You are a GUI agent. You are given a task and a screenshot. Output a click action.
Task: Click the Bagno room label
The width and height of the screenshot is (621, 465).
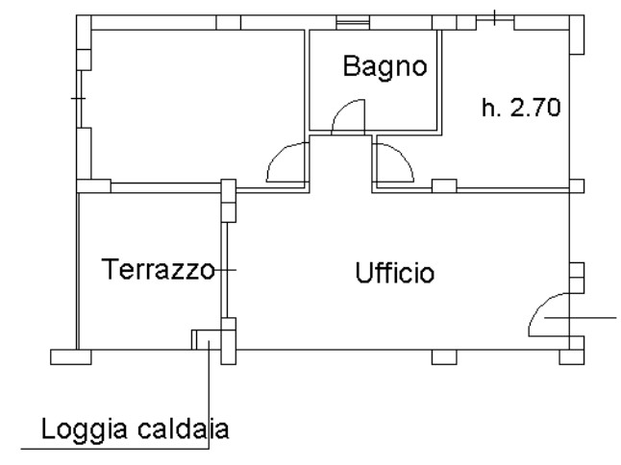point(385,67)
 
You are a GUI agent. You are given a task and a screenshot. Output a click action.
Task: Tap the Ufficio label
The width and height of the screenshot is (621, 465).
point(395,273)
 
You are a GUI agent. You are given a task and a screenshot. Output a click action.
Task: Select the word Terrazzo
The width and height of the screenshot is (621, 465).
point(159,269)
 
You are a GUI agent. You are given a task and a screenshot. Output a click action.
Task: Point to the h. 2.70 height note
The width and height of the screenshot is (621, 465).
point(521,107)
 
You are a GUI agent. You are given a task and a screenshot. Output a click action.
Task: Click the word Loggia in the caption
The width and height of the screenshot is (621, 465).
point(84,430)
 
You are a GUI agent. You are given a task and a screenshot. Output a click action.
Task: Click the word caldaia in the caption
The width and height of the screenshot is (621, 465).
point(184,429)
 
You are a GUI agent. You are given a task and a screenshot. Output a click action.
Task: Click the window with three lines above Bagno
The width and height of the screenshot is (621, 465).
point(353,22)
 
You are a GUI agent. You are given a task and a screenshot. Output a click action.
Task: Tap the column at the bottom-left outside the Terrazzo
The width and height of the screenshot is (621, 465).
point(71,357)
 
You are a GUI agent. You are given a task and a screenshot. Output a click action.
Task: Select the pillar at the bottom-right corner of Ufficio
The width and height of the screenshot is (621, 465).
point(572,357)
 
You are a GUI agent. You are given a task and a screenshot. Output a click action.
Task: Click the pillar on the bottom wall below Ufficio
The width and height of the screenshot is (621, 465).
point(444,357)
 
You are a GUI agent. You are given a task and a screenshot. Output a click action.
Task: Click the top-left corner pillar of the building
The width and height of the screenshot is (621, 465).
point(84,22)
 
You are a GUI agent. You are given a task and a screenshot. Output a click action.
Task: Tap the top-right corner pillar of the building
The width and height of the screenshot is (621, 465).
point(577,35)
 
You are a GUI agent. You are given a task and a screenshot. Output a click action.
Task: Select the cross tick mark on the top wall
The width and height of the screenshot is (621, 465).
point(495,18)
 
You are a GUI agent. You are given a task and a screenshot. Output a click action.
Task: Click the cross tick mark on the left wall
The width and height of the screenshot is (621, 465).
point(79,98)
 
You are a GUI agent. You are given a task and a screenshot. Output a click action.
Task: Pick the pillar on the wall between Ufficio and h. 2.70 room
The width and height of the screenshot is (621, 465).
point(444,186)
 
